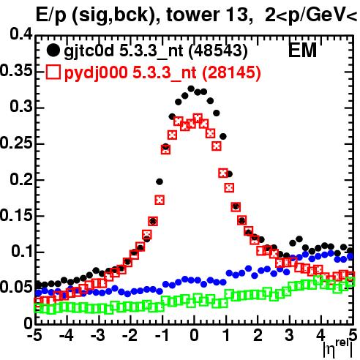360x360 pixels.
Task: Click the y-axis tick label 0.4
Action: (x=21, y=34)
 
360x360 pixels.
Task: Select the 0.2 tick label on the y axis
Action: (x=21, y=179)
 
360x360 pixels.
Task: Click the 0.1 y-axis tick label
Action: (x=22, y=251)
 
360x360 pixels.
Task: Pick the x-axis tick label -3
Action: (x=98, y=335)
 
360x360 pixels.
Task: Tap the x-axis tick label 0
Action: (x=194, y=335)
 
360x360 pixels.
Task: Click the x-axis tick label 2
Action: (x=258, y=335)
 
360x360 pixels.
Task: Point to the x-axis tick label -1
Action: (x=162, y=335)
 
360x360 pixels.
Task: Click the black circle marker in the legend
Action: (x=53, y=50)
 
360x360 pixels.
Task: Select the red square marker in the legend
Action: (x=53, y=72)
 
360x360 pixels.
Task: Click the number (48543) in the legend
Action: (x=218, y=50)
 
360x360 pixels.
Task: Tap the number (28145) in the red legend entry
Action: (x=231, y=72)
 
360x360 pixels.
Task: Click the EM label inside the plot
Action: (x=302, y=50)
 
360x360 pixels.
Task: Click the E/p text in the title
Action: (x=51, y=16)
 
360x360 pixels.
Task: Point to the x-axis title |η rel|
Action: (x=338, y=349)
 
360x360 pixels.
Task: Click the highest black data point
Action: (x=191, y=89)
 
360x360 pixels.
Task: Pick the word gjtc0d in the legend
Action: (x=89, y=51)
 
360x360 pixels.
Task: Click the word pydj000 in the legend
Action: (x=96, y=73)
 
